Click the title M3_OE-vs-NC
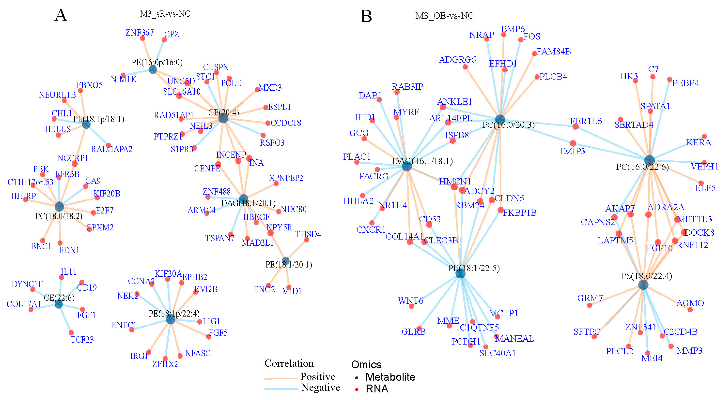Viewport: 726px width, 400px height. click(445, 16)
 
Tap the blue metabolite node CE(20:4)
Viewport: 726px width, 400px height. click(223, 118)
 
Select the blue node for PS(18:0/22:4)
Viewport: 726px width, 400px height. click(643, 285)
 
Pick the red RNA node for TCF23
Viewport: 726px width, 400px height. click(71, 332)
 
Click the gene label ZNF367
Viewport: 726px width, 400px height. click(139, 33)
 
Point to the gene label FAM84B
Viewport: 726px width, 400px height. click(553, 52)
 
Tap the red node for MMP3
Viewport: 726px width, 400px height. click(671, 346)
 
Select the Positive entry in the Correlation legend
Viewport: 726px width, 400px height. click(318, 376)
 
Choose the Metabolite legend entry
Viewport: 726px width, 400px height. click(390, 377)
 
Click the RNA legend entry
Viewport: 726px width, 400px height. click(377, 389)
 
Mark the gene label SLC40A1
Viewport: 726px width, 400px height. click(497, 353)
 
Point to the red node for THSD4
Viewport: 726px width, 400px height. click(307, 240)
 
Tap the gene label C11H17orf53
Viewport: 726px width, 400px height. click(30, 182)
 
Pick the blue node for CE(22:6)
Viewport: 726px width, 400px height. click(59, 304)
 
